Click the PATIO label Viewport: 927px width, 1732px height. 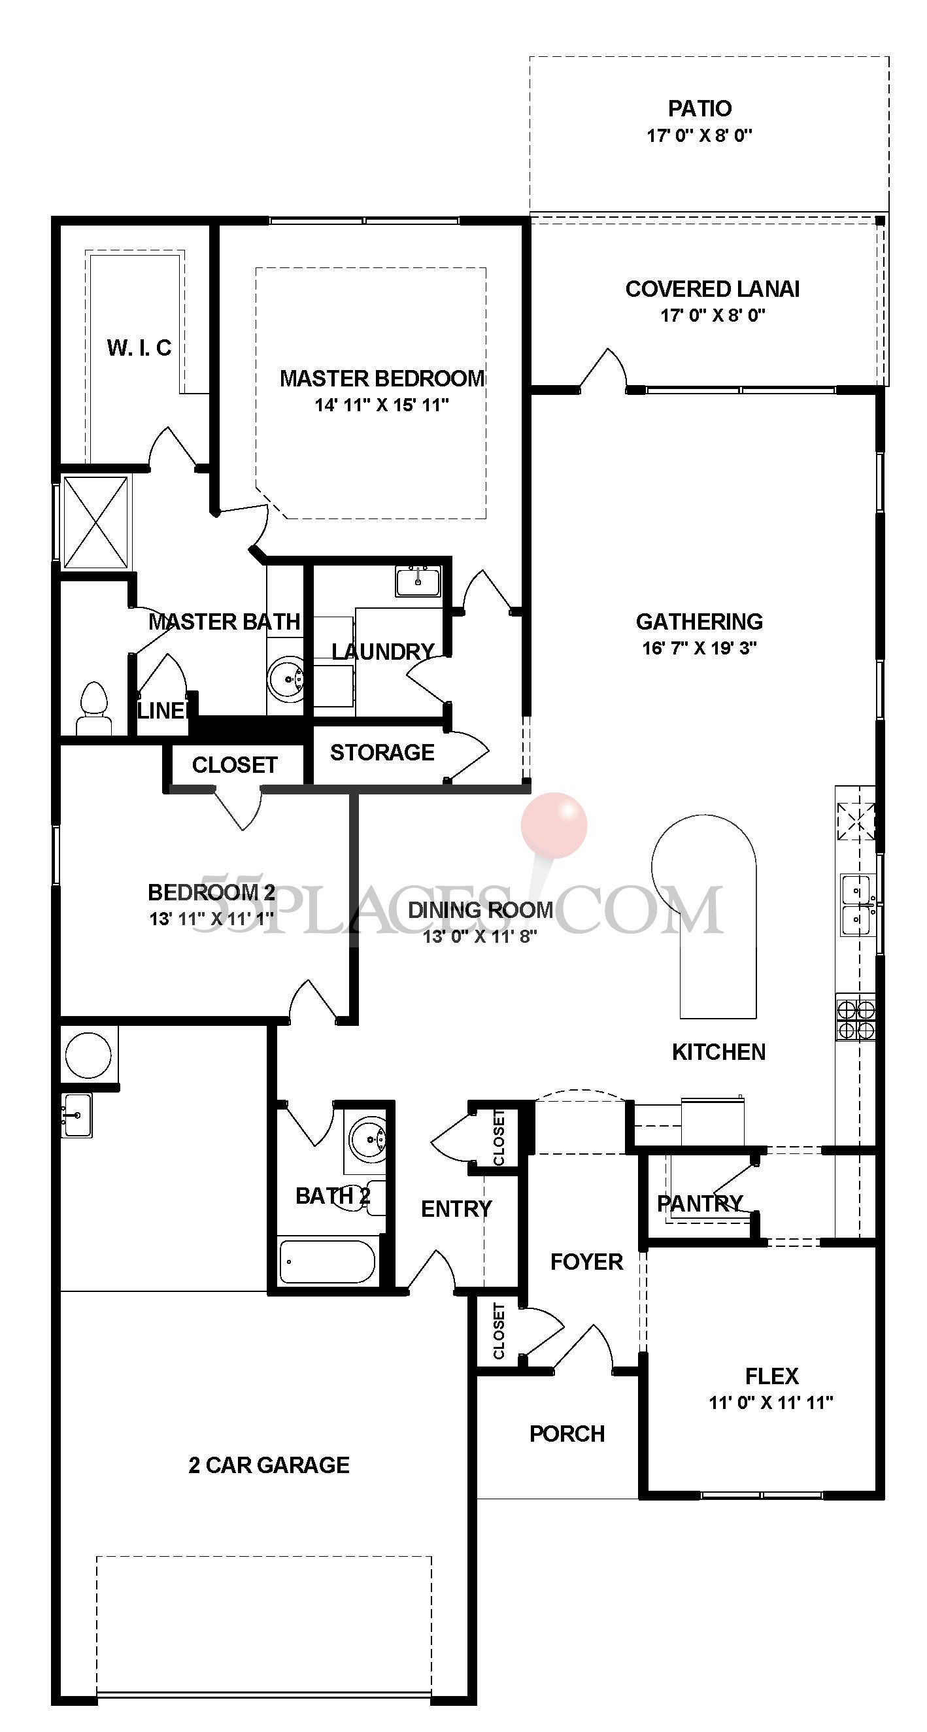[x=699, y=109]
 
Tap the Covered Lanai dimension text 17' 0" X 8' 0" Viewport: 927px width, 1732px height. [x=713, y=315]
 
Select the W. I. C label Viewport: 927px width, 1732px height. [x=139, y=348]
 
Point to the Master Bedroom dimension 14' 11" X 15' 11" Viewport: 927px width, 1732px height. [x=382, y=405]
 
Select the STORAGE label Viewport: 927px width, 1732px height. [x=382, y=753]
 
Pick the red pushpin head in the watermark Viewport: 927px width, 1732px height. [x=554, y=824]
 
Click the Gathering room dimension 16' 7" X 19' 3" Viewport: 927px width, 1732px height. [x=699, y=648]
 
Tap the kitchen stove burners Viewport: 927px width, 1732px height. [x=855, y=1019]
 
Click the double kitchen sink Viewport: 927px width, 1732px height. [x=856, y=905]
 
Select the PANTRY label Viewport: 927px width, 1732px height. [x=699, y=1203]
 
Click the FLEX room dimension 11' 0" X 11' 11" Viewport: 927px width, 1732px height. [x=771, y=1402]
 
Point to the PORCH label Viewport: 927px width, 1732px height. [x=567, y=1434]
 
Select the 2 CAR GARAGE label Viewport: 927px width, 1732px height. [x=269, y=1465]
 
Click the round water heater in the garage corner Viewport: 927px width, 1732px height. [x=88, y=1054]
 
